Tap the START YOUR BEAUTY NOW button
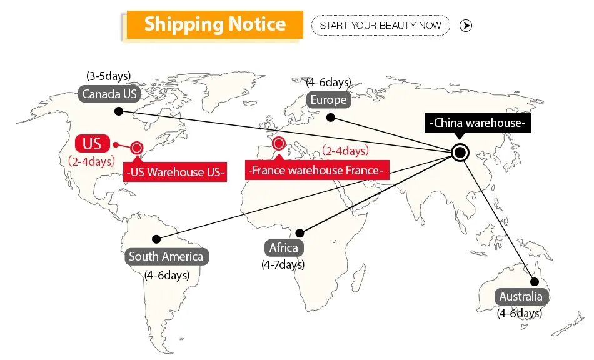(380, 26)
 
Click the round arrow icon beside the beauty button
(466, 26)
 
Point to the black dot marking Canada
(118, 111)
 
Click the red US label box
(92, 143)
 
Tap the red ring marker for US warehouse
(136, 148)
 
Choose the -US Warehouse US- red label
(175, 172)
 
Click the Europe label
(328, 100)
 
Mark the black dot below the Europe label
(331, 117)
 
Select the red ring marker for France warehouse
(279, 143)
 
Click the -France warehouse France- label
(317, 170)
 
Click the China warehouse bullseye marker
(460, 152)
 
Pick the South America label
(166, 256)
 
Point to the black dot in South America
(156, 239)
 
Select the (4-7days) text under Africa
(283, 264)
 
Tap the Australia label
(520, 296)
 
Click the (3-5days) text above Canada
(109, 76)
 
